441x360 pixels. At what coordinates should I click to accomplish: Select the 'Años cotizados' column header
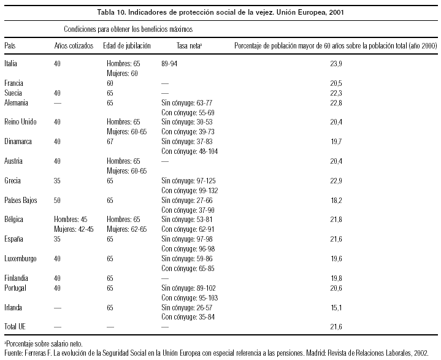(74, 46)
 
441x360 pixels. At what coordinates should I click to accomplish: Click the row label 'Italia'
(10, 63)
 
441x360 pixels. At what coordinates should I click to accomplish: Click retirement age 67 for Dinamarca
(110, 141)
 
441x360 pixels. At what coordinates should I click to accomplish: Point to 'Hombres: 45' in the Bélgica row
(72, 219)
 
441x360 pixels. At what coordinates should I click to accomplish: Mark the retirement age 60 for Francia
(110, 83)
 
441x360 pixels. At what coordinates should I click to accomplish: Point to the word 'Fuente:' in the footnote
(13, 353)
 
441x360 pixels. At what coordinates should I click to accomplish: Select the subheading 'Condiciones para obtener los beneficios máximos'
(129, 29)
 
